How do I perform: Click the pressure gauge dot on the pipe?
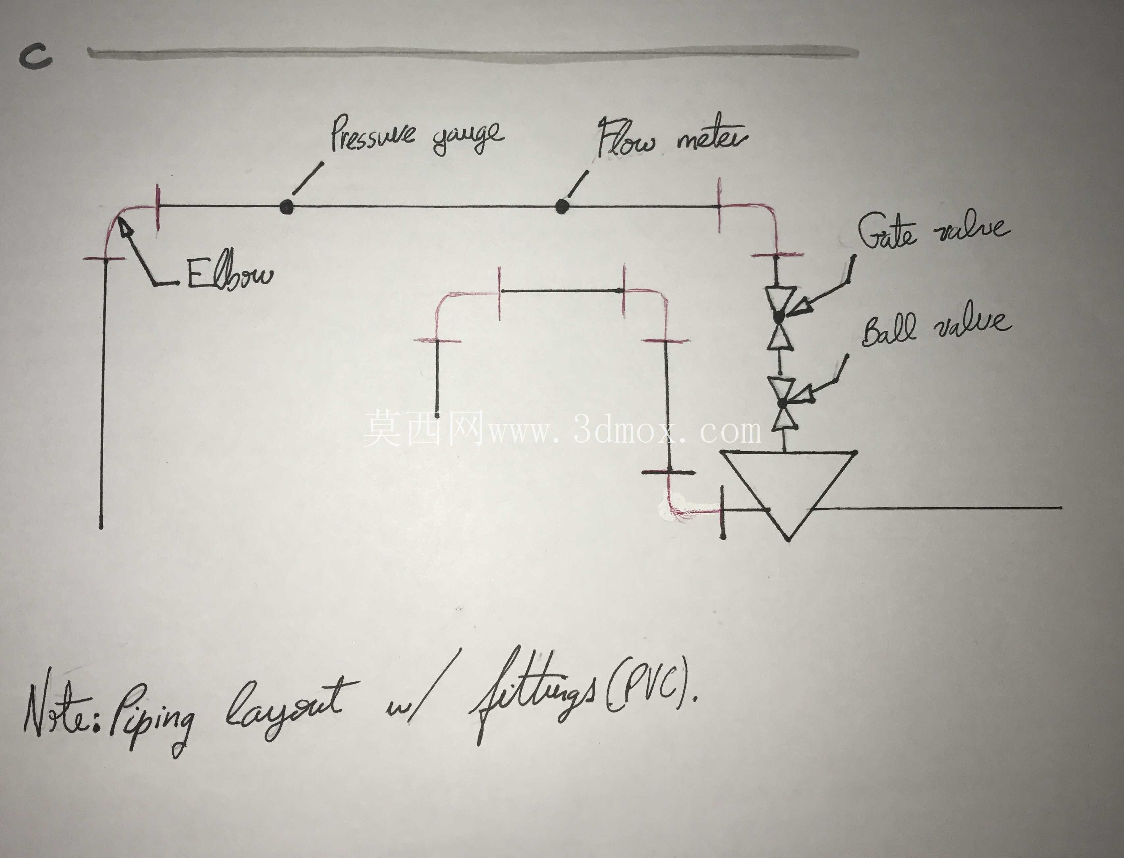(x=287, y=207)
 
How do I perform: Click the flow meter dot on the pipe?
(x=562, y=207)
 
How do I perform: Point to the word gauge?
(x=468, y=138)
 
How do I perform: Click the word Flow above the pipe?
(x=625, y=138)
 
